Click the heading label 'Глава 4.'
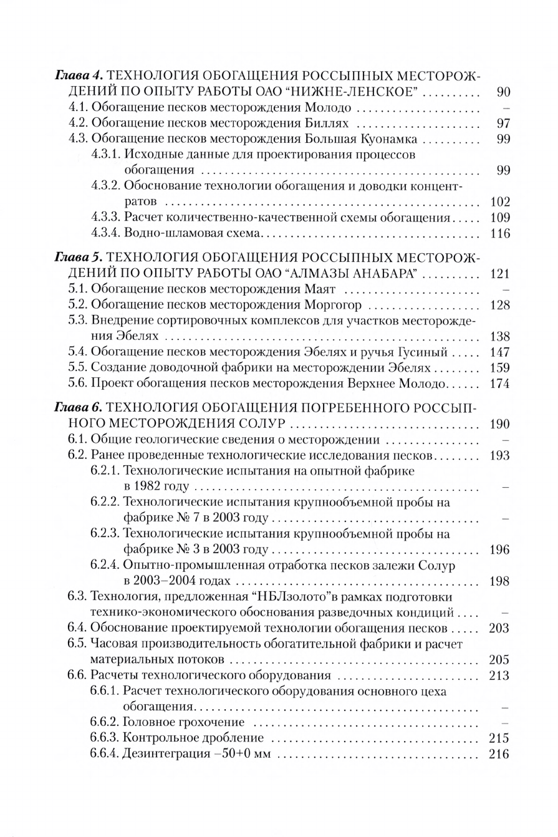[x=79, y=76]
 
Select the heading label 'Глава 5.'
[x=79, y=257]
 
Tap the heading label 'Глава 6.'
[x=79, y=408]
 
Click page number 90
[x=504, y=92]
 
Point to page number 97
[x=504, y=123]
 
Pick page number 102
[x=500, y=202]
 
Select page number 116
[x=500, y=234]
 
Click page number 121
[x=500, y=273]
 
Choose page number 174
[x=500, y=384]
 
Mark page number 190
[x=500, y=424]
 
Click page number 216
[x=500, y=754]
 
